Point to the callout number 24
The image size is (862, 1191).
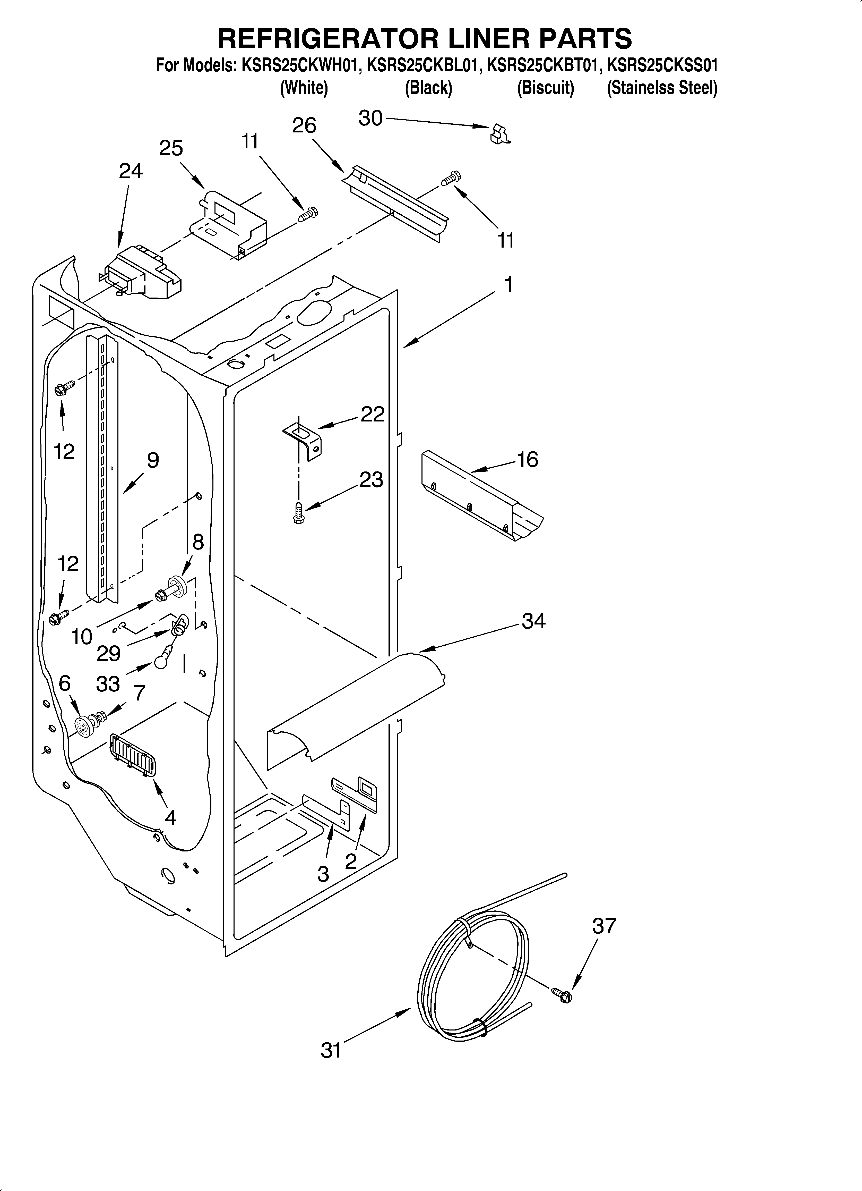(x=130, y=171)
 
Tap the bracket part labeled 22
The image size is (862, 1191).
(x=304, y=441)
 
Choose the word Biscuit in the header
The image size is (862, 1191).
(x=545, y=88)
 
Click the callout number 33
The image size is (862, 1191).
(x=108, y=684)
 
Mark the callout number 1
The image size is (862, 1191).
(x=508, y=285)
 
